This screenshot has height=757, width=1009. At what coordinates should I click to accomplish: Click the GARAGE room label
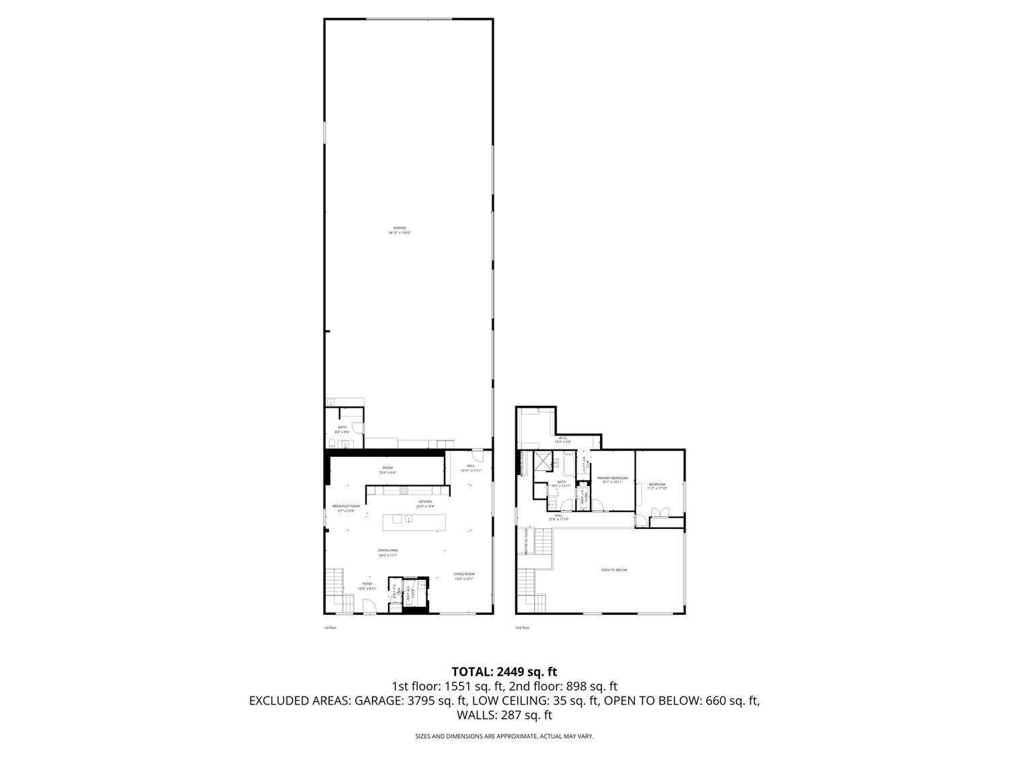[x=400, y=228]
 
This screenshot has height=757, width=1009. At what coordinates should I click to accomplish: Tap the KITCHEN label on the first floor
[x=425, y=502]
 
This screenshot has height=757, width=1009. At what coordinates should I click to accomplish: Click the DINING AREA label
[x=387, y=550]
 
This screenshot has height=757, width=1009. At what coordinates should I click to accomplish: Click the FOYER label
[x=367, y=583]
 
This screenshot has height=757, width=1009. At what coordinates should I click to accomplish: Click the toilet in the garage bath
[x=332, y=443]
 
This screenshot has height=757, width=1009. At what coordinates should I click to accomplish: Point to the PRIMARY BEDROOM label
[x=612, y=478]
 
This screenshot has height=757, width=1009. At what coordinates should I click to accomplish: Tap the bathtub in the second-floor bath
[x=568, y=465]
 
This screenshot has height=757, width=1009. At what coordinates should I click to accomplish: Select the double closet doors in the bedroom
[x=659, y=513]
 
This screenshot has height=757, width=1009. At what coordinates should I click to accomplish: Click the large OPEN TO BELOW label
[x=613, y=570]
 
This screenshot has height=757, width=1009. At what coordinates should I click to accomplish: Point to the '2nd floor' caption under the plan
[x=523, y=628]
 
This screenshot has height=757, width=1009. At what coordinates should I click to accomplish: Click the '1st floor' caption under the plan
[x=330, y=628]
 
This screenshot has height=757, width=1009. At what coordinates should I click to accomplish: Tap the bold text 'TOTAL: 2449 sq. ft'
[x=504, y=672]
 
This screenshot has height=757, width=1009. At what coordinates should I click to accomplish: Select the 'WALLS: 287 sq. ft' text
[x=504, y=715]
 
